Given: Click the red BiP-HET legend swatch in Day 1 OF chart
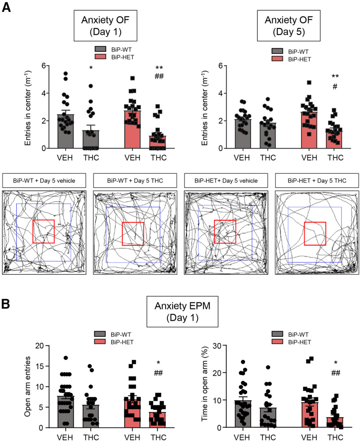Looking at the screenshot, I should pyautogui.click(x=101, y=56).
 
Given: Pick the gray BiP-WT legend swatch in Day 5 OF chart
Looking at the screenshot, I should pyautogui.click(x=277, y=50).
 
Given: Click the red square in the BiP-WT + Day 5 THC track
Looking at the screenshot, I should pyautogui.click(x=133, y=234).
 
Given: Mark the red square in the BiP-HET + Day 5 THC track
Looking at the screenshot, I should pyautogui.click(x=315, y=233).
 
